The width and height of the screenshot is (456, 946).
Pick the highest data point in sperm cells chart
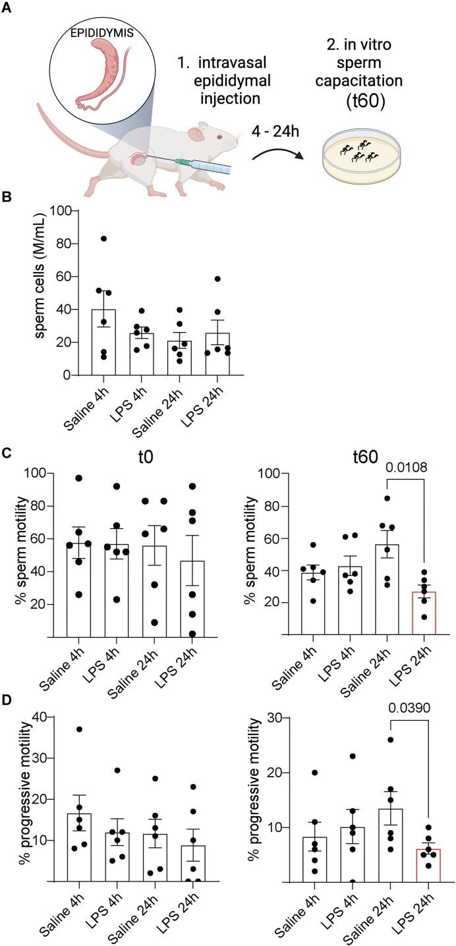(103, 238)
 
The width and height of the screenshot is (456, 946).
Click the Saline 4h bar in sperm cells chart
(103, 343)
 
